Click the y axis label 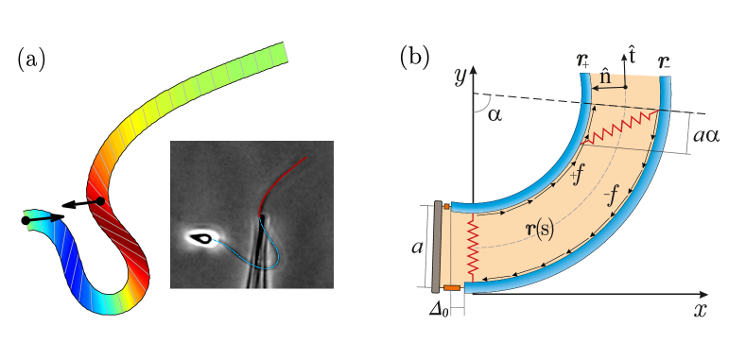[460, 77]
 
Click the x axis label [701, 308]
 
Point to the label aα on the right [706, 135]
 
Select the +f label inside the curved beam [576, 175]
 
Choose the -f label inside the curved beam [612, 196]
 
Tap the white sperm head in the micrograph [200, 238]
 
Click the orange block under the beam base [452, 287]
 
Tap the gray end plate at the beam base [436, 246]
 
